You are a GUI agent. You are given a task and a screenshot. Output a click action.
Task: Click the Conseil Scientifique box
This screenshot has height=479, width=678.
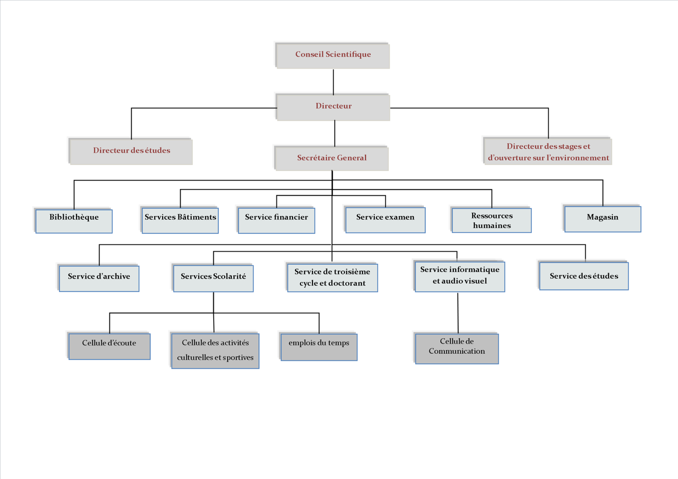click(x=333, y=55)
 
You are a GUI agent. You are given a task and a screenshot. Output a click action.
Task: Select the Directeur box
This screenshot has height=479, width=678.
click(x=333, y=107)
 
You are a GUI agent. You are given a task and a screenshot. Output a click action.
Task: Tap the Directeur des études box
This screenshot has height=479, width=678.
click(x=131, y=151)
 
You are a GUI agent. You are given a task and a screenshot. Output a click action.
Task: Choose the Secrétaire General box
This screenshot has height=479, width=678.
click(x=331, y=158)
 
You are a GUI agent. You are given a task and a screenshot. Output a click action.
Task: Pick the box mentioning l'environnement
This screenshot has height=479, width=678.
click(x=547, y=151)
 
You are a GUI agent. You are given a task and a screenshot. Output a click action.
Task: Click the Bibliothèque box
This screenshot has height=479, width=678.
click(x=74, y=221)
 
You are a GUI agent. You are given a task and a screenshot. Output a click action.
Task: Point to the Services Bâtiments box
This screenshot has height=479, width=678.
click(x=180, y=221)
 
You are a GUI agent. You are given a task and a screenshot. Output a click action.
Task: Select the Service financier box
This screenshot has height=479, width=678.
click(x=276, y=221)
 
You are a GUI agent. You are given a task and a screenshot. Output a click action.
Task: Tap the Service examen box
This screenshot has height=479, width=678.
click(x=385, y=220)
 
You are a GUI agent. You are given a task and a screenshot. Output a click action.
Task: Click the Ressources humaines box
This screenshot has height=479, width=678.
click(x=492, y=220)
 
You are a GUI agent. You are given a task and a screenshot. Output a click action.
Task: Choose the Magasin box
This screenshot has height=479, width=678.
click(x=602, y=219)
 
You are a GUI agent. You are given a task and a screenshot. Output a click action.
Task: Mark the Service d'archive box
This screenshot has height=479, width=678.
click(x=99, y=278)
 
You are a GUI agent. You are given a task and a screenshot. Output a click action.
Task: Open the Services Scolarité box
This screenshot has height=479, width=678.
click(x=213, y=278)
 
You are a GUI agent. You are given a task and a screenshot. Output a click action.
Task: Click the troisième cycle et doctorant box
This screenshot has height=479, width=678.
click(x=332, y=278)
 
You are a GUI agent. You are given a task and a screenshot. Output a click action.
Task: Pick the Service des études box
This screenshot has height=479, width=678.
click(x=584, y=276)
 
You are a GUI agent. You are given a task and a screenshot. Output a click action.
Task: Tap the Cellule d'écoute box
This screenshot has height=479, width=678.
click(x=109, y=346)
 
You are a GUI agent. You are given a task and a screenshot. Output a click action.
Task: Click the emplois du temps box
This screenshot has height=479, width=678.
click(x=319, y=347)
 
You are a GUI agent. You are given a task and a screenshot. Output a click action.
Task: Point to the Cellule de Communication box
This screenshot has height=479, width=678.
click(x=456, y=349)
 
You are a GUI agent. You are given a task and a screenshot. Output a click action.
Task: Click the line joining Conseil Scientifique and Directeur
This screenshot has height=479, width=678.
click(x=333, y=81)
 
